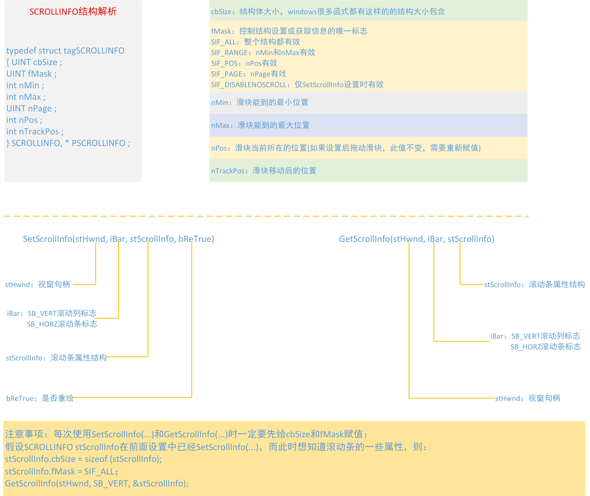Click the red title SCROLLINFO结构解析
coord(73,12)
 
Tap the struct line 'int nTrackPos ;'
coord(35,132)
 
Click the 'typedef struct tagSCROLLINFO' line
coord(65,51)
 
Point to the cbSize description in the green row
coord(328,12)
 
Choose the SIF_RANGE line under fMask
coord(263,53)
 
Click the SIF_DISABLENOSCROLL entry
coord(297,85)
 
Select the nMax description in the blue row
coord(260,125)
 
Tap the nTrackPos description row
coord(264,171)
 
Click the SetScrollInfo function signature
coord(119,239)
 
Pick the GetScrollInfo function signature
coord(417,239)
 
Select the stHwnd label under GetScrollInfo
coord(528,398)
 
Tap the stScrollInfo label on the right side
coord(534,285)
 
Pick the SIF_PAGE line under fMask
coord(249,74)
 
